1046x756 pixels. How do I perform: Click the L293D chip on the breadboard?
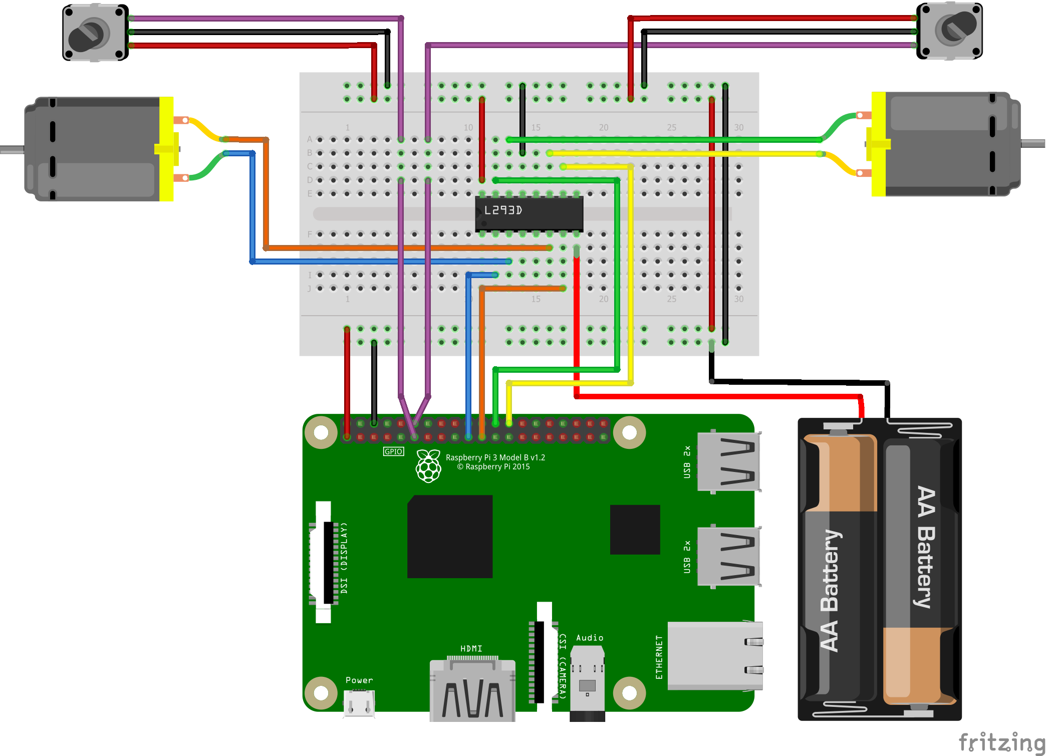coord(529,213)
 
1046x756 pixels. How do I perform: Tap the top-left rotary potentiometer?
coord(95,33)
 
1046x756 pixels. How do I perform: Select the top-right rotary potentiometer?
coord(949,31)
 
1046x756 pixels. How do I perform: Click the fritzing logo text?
coord(1001,742)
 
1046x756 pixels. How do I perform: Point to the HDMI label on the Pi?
coord(471,649)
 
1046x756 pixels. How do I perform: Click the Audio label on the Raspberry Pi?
coord(590,638)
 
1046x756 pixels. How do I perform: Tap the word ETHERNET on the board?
coord(659,657)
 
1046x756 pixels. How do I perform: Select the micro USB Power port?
coord(359,703)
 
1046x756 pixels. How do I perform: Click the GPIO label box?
coord(393,451)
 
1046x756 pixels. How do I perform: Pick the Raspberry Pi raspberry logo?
coord(428,466)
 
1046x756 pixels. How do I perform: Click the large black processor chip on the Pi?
coord(450,536)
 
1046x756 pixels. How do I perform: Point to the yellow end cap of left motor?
coord(167,149)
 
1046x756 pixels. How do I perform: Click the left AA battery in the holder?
coord(839,569)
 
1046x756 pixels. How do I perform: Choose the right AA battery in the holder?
coord(920,569)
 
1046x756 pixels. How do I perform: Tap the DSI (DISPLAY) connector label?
coord(344,558)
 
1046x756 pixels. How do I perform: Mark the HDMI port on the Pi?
coord(472,691)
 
